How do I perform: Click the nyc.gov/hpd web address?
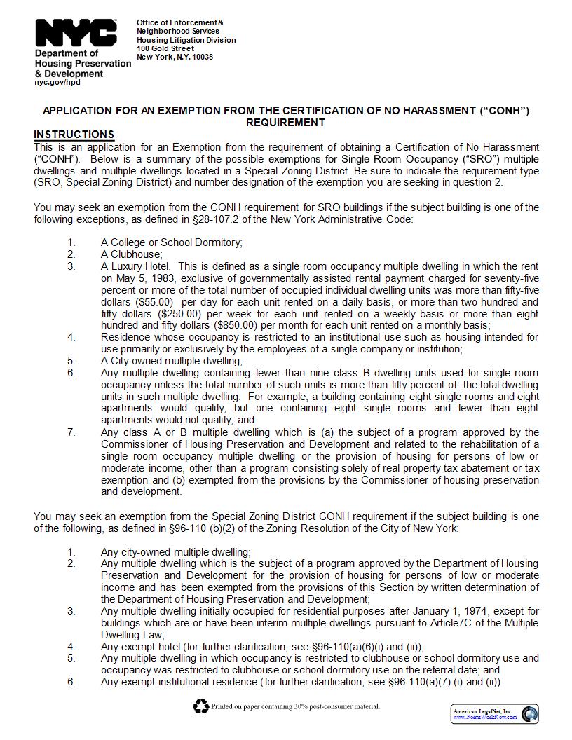click(x=57, y=83)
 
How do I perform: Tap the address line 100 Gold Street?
click(x=165, y=48)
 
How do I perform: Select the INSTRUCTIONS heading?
click(x=74, y=135)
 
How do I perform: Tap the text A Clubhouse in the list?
click(x=131, y=254)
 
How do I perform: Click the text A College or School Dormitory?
click(x=171, y=242)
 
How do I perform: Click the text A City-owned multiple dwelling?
click(x=171, y=361)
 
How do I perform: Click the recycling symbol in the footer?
click(x=201, y=706)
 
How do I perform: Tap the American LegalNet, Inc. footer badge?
click(x=495, y=714)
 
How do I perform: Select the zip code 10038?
click(x=201, y=57)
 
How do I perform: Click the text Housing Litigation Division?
click(x=186, y=40)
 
